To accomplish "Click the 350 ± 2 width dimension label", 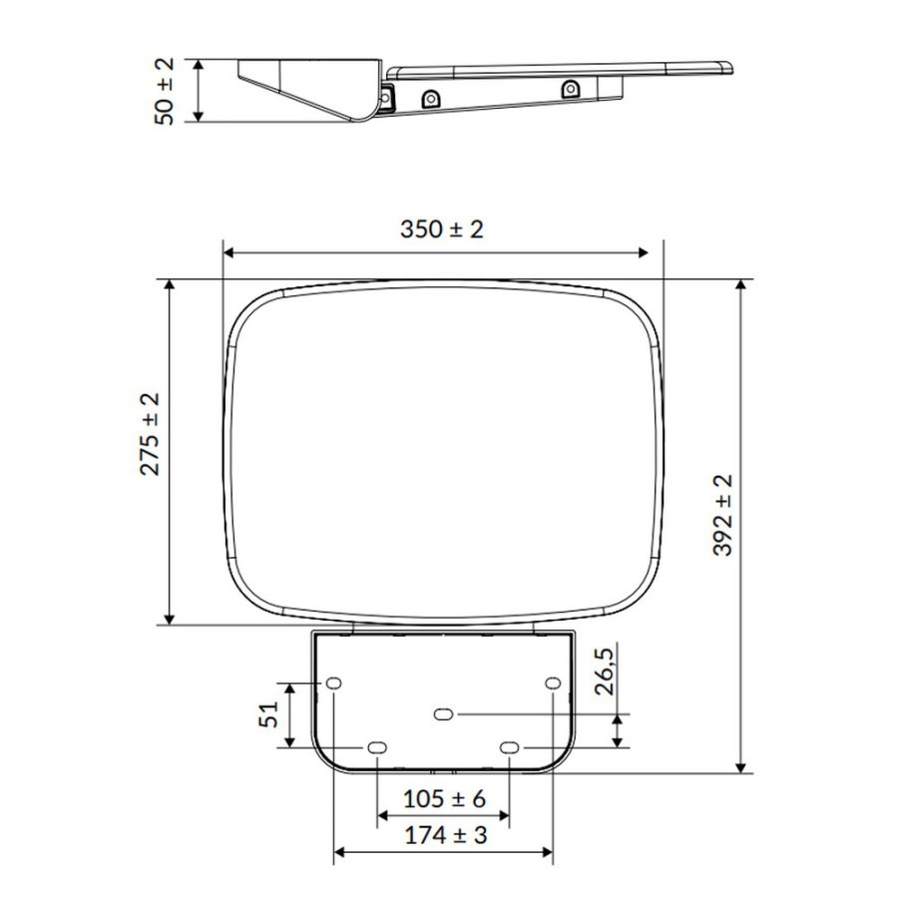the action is (442, 229).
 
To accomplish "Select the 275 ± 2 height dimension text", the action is (150, 434).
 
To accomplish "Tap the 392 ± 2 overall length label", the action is (722, 515).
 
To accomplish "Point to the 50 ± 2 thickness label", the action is (165, 92).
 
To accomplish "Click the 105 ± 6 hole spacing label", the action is (444, 798).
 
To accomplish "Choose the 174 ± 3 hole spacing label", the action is (446, 835).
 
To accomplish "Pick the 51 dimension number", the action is (268, 714).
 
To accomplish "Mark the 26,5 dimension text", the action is (605, 672).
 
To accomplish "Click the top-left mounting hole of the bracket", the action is (334, 682).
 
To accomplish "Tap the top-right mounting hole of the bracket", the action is (553, 683).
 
